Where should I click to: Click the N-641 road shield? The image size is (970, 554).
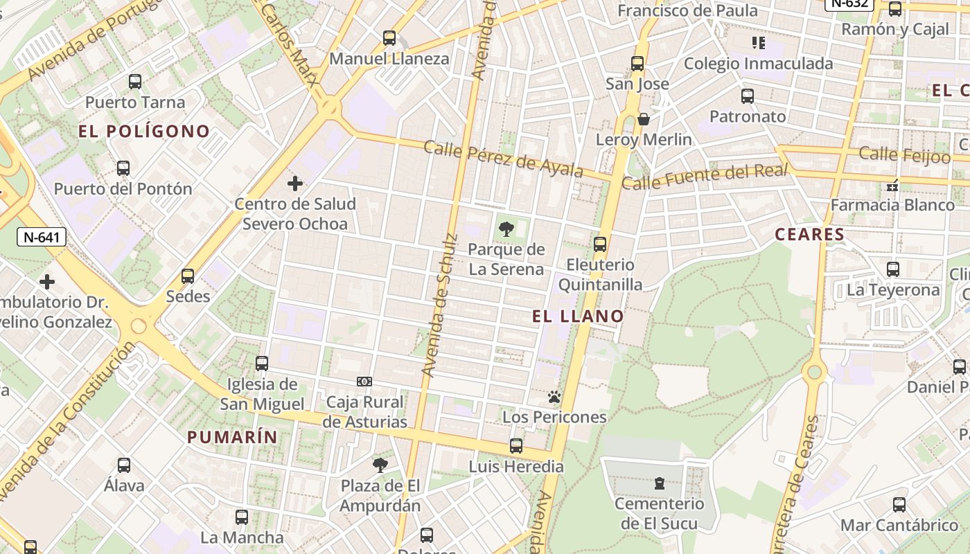42,238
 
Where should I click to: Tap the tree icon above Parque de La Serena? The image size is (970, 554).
506,229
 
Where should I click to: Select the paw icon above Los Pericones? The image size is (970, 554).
554,397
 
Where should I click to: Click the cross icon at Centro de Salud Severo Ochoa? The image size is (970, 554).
295,184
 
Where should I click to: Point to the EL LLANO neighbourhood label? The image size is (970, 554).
578,316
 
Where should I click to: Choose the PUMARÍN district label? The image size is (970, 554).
232,437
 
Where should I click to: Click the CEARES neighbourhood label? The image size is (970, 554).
809,234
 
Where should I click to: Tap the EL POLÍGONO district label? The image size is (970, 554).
144,131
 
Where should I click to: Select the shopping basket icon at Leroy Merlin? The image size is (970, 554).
644,119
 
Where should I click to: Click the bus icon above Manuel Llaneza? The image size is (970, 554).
389,37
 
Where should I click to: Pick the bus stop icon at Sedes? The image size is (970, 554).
188,276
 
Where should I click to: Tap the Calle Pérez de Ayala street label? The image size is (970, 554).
502,159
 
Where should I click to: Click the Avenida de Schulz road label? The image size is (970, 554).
439,305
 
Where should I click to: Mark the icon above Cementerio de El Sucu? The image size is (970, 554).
659,483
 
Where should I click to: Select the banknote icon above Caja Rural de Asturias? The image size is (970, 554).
364,382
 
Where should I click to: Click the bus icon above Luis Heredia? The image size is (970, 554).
516,446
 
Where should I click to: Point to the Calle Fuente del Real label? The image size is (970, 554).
705,177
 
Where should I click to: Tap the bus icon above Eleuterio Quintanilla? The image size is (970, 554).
600,244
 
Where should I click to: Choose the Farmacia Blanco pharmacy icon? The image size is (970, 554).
892,185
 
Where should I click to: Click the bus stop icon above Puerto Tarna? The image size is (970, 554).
135,82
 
